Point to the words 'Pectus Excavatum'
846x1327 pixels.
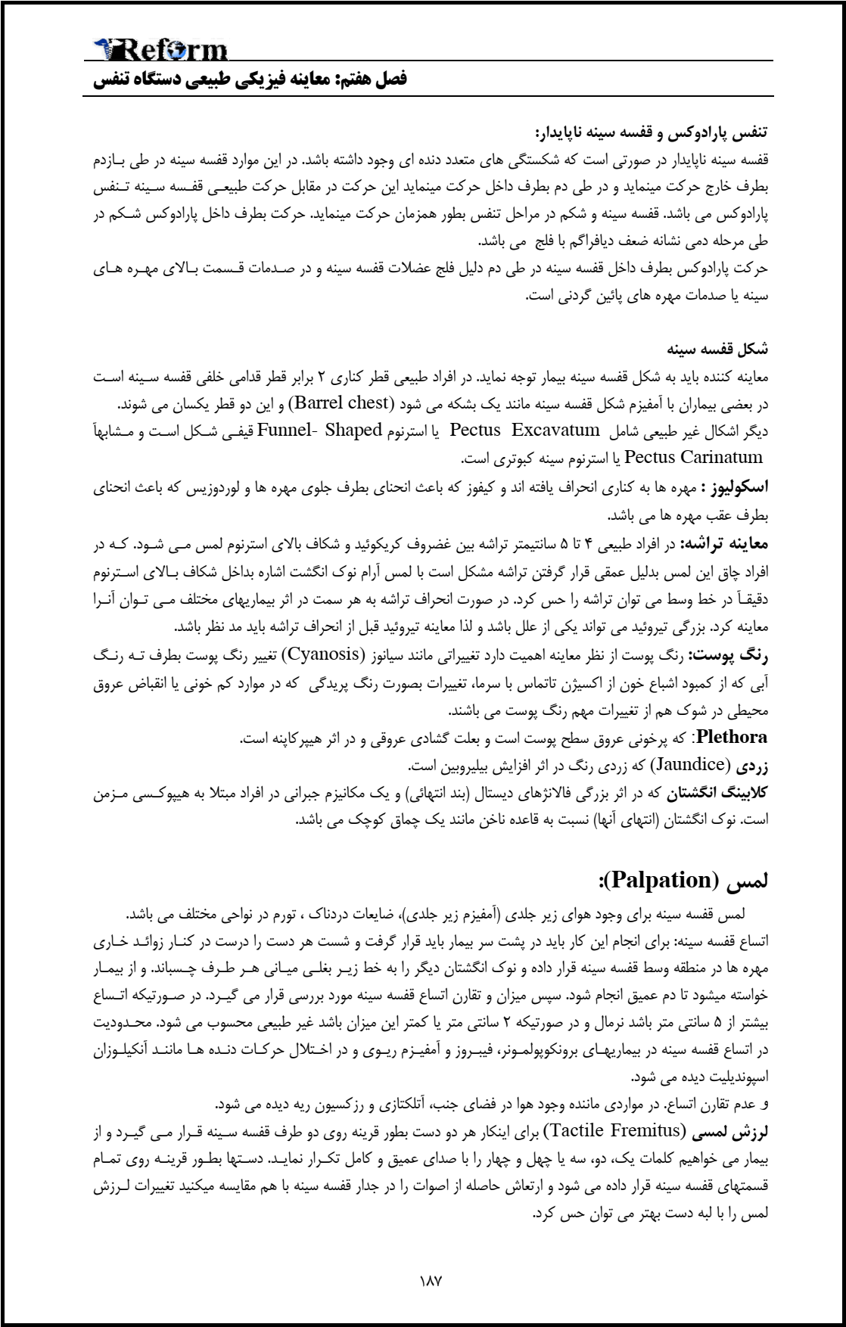pyautogui.click(x=524, y=430)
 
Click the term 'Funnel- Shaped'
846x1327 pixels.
pyautogui.click(x=319, y=430)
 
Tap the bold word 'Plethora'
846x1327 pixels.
pyautogui.click(x=732, y=736)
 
